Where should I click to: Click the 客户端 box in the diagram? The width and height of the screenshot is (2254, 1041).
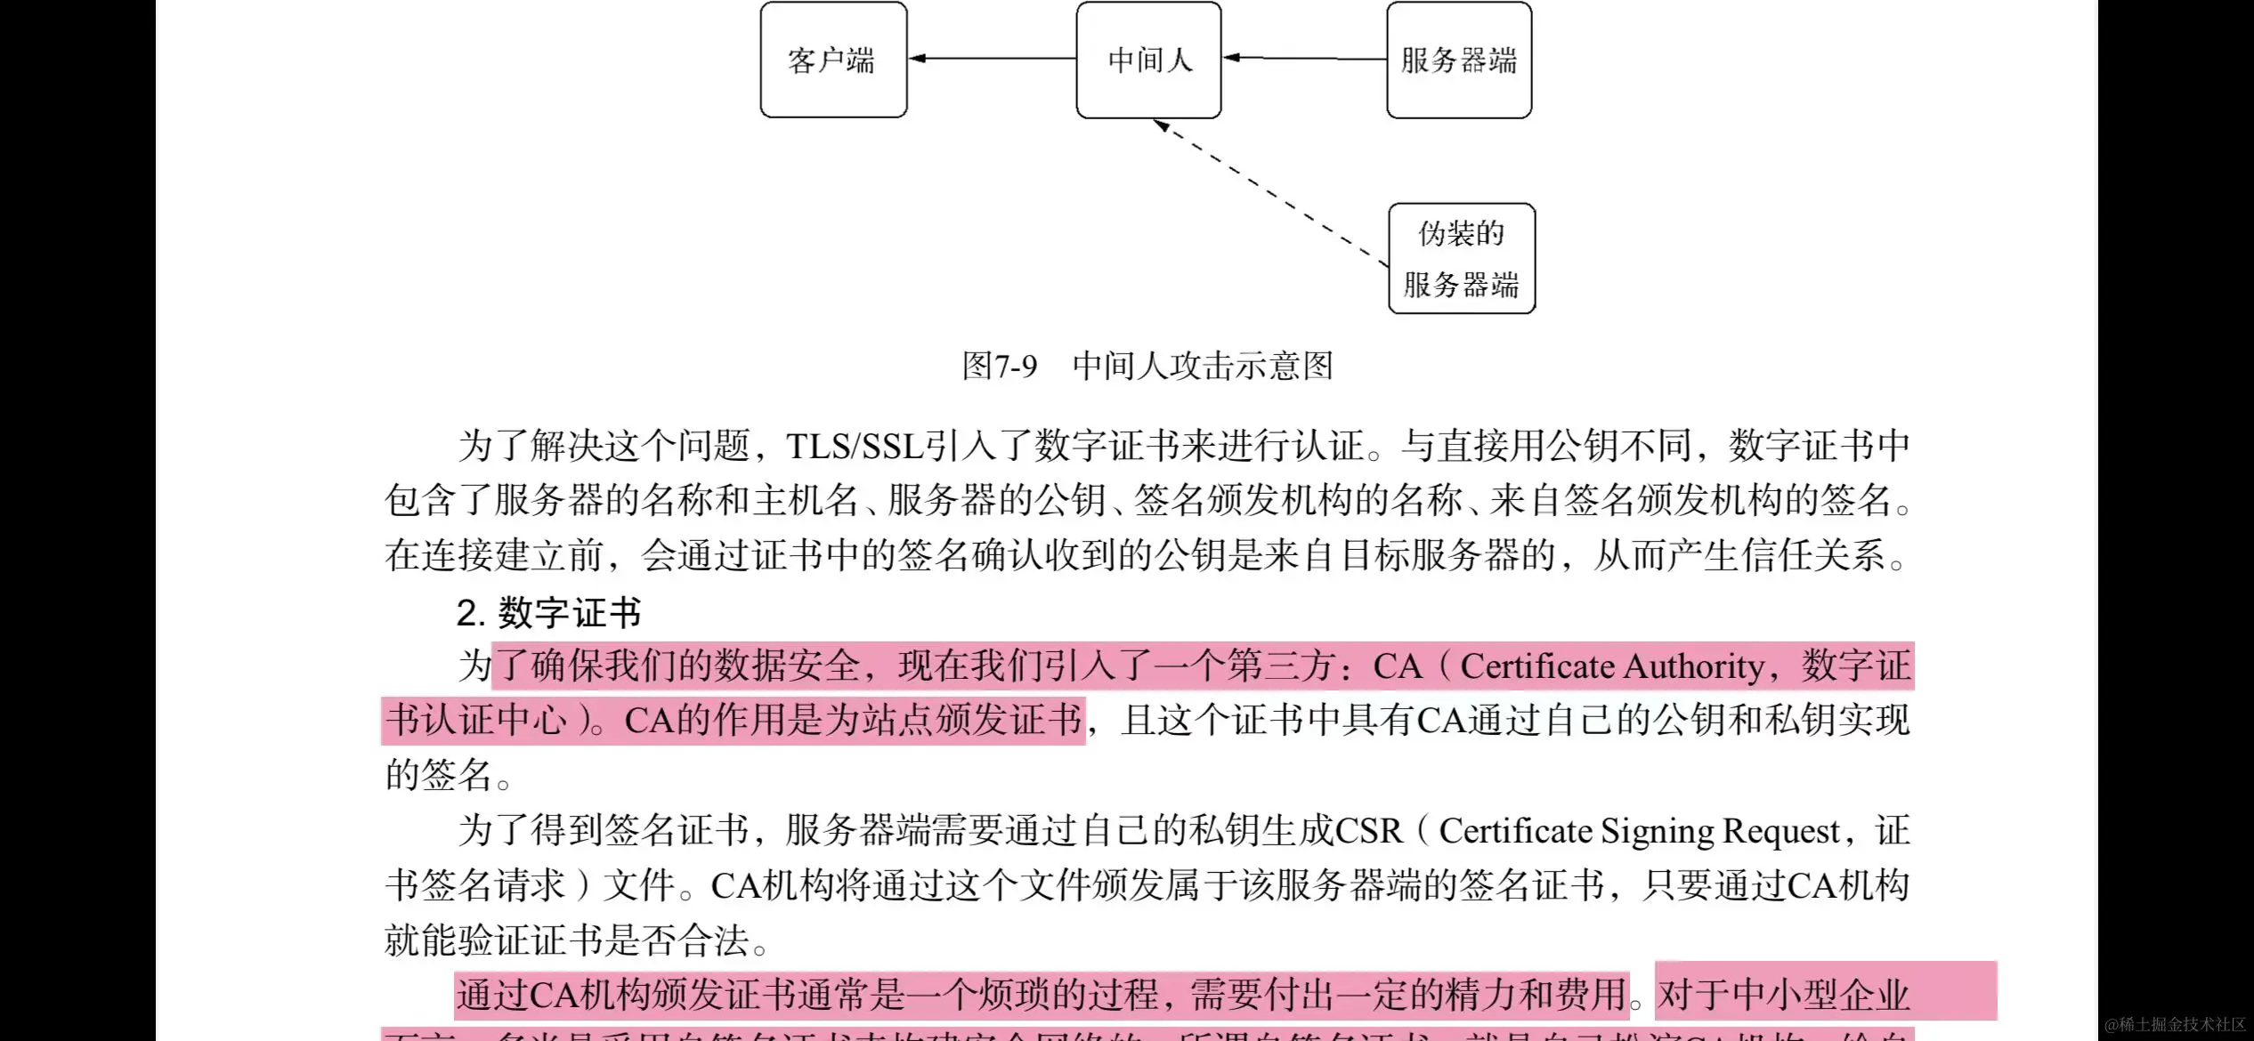tap(833, 60)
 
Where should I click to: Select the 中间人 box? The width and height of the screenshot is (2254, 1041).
tap(1148, 60)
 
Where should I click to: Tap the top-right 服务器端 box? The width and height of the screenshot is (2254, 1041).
tap(1458, 60)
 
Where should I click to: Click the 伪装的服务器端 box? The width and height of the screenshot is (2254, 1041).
tap(1462, 258)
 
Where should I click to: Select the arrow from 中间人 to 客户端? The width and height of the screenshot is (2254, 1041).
tap(992, 59)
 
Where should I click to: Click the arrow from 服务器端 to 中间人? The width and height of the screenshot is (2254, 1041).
tap(1304, 59)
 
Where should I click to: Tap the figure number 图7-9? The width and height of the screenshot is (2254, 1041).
tap(1000, 366)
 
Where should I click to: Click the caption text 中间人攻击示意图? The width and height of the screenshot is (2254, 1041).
tap(1203, 366)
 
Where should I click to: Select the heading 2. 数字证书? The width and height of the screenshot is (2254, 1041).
tap(548, 612)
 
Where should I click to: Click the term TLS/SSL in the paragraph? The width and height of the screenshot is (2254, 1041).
tap(855, 446)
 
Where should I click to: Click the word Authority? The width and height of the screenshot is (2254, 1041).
tap(1694, 666)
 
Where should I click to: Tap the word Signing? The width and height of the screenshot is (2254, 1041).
tap(1658, 831)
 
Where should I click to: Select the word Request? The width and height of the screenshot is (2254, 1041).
tap(1780, 831)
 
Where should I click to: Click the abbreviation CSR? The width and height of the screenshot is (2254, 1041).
tap(1368, 831)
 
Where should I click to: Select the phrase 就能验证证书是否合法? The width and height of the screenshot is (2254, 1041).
tap(566, 940)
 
